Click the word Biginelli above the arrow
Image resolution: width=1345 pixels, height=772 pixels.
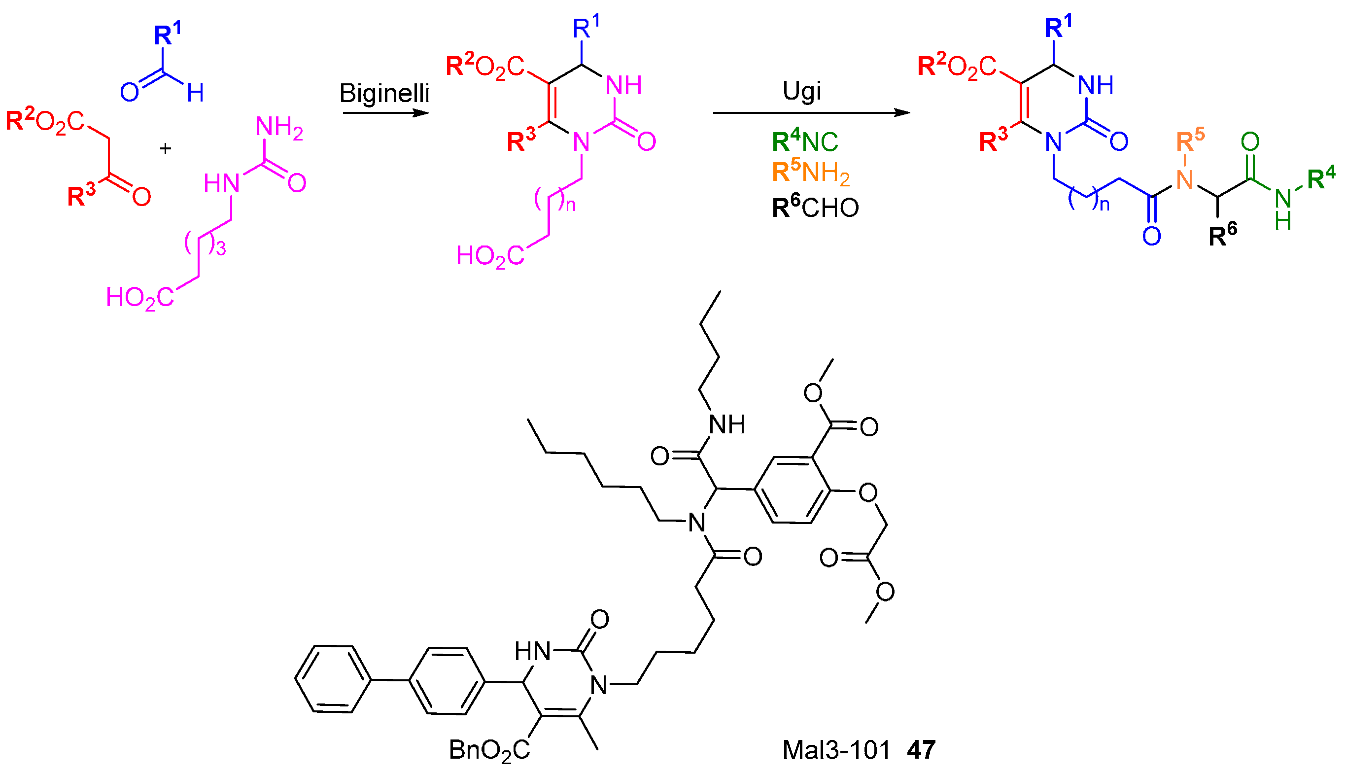tap(384, 93)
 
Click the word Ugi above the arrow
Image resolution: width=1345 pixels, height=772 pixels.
tap(802, 91)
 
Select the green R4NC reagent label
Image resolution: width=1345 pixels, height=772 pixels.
tap(804, 141)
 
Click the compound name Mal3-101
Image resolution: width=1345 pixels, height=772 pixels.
tap(836, 750)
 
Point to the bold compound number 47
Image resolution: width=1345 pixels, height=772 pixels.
tap(921, 750)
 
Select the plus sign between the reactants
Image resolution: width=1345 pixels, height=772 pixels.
tap(165, 148)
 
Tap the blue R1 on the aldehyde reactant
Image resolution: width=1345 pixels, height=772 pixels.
tap(167, 35)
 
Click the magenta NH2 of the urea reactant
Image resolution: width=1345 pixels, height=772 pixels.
tap(279, 128)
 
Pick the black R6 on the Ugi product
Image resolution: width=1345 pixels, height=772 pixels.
tap(1223, 234)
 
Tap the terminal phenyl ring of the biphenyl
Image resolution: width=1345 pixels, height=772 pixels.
tap(333, 679)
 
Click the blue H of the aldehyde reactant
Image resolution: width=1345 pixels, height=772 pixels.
tap(195, 93)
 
